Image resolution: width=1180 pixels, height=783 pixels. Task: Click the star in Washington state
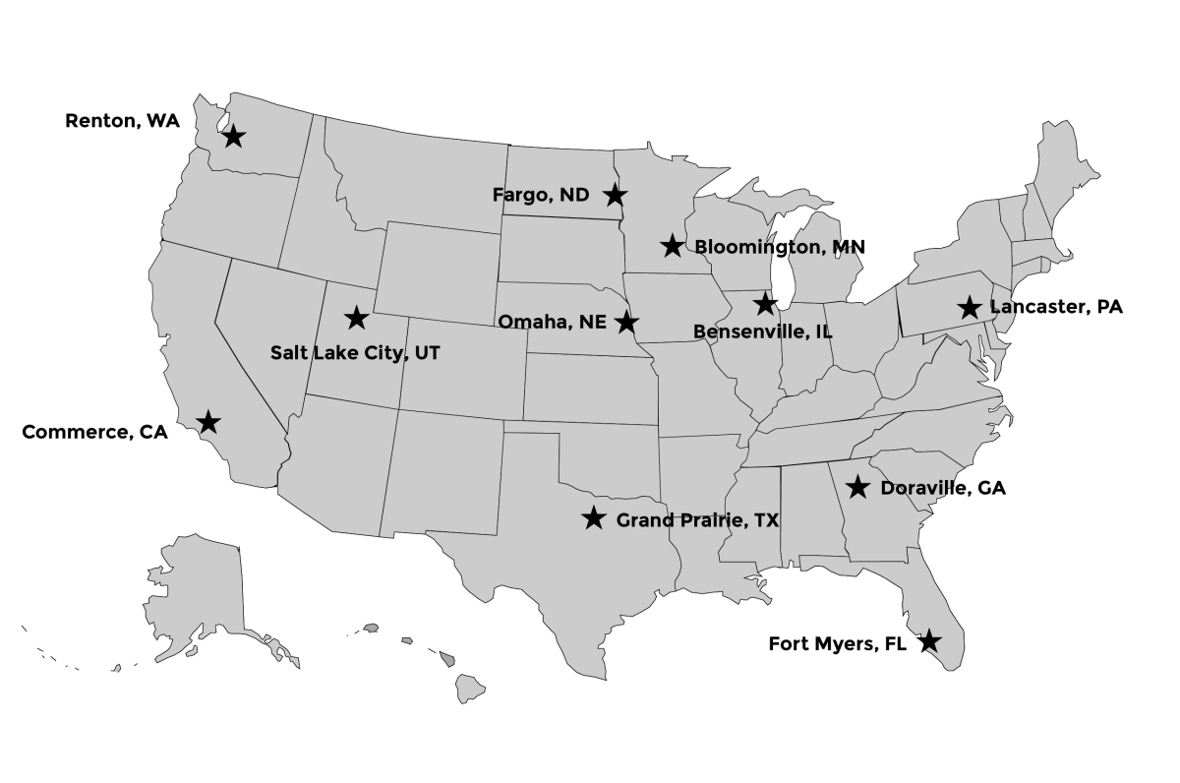click(233, 136)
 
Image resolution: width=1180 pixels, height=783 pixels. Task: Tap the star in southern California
click(208, 423)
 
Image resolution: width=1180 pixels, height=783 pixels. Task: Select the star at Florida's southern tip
click(929, 640)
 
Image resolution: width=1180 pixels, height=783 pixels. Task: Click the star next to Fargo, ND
click(614, 195)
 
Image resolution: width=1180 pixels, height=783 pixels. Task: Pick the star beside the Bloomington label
click(673, 246)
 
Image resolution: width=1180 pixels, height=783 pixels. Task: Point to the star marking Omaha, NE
click(626, 322)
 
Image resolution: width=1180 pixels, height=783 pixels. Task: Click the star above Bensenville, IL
click(764, 304)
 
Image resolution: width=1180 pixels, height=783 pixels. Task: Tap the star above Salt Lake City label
click(356, 318)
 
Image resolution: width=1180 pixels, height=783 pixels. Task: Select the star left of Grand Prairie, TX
click(593, 518)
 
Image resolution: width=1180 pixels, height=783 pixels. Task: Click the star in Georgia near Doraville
click(857, 486)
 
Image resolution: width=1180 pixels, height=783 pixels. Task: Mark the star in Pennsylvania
click(970, 308)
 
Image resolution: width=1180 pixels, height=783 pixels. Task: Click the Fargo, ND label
click(541, 195)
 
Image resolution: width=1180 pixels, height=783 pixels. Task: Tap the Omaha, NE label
click(552, 322)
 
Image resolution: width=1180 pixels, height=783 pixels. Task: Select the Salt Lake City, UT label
click(355, 352)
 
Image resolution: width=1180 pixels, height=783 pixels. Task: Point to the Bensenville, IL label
click(763, 331)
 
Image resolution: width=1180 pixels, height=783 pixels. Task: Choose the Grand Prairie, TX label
click(697, 519)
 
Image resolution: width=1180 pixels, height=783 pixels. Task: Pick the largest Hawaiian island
click(469, 689)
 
